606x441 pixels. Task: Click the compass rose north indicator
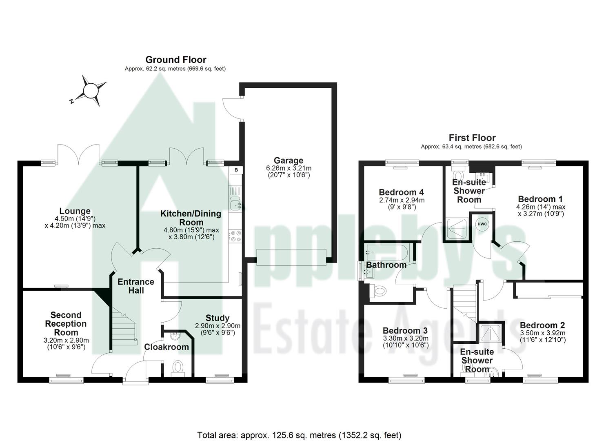(x=90, y=91)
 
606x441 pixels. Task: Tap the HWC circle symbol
(x=482, y=224)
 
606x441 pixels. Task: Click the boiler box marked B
(x=236, y=170)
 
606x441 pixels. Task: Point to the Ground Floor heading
(x=175, y=60)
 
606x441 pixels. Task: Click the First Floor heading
(x=472, y=138)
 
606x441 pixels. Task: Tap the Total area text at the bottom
(x=299, y=435)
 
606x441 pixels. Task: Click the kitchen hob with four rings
(x=235, y=236)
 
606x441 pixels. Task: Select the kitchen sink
(x=235, y=203)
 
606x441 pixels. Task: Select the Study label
(x=217, y=318)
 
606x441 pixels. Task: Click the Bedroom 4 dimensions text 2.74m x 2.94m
(x=402, y=200)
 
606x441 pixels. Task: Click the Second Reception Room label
(x=66, y=323)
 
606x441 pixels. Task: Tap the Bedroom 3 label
(x=405, y=330)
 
